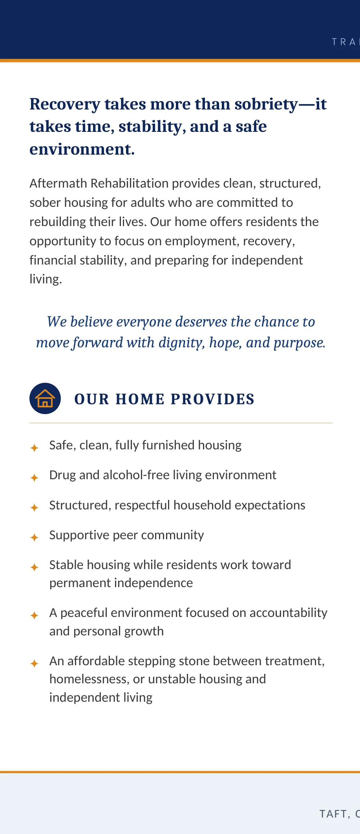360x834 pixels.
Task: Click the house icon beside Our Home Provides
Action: click(45, 398)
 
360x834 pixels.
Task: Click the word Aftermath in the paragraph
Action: click(58, 183)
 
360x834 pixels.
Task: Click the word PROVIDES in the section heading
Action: click(212, 399)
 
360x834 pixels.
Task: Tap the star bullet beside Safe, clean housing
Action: click(35, 448)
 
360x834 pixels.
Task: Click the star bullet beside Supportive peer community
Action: click(35, 537)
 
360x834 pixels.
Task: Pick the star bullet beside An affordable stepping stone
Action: click(35, 664)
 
